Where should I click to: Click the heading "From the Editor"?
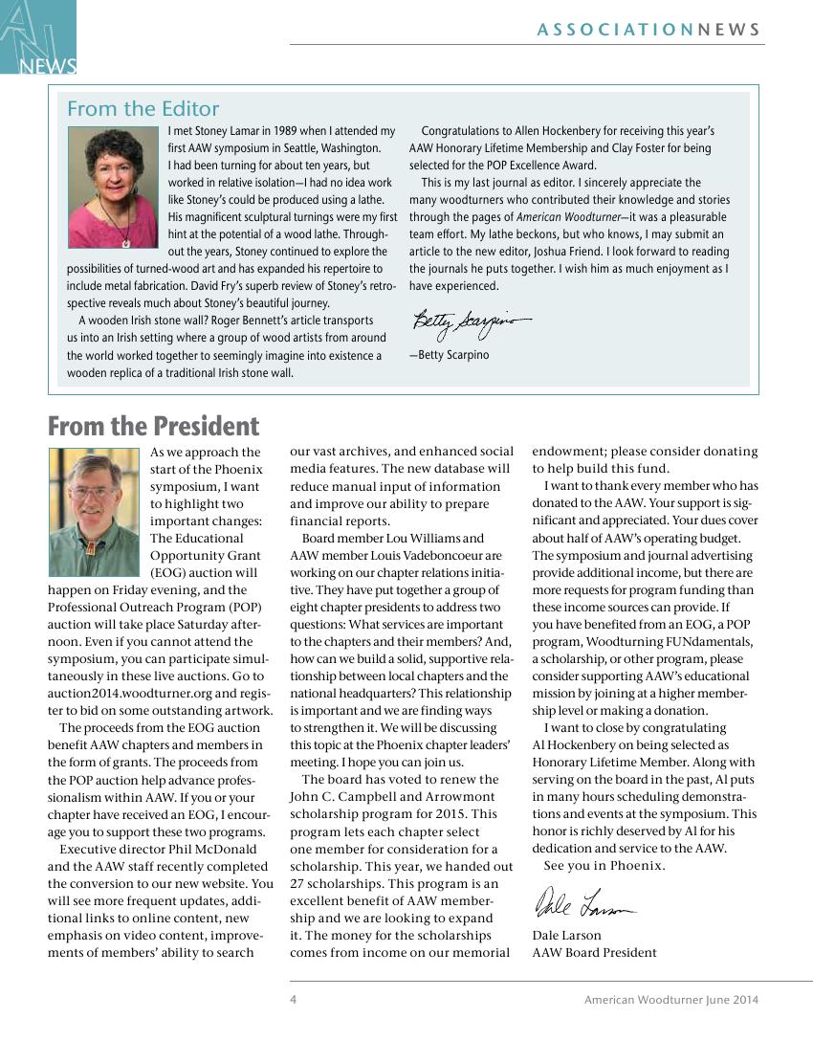(x=143, y=109)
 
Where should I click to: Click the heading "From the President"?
(x=153, y=426)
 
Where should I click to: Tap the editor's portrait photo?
(x=112, y=188)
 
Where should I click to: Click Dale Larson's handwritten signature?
(x=582, y=903)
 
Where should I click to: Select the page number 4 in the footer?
(x=294, y=1000)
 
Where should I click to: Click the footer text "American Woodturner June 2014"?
(x=671, y=1000)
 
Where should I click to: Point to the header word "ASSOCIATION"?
(x=615, y=30)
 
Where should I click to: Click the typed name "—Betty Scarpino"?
(x=449, y=355)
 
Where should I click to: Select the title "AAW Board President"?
(x=594, y=952)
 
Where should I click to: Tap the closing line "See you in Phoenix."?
(x=604, y=865)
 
